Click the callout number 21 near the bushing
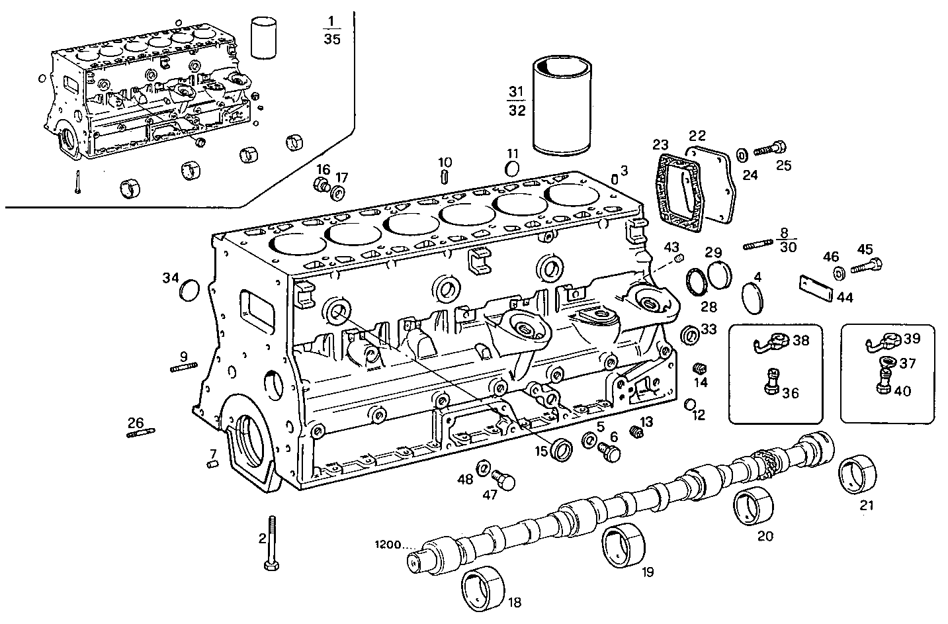click(867, 506)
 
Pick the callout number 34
click(171, 278)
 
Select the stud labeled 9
click(184, 369)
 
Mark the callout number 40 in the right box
click(902, 391)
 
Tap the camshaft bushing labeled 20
click(754, 506)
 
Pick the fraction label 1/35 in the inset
click(332, 30)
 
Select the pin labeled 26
click(141, 433)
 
